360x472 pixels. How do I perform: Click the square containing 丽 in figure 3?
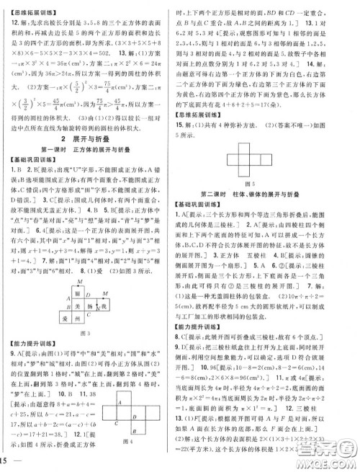(x=77, y=294)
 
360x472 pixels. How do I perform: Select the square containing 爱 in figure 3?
(x=66, y=317)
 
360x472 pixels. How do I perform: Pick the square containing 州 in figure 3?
(x=77, y=317)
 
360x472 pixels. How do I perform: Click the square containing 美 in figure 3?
(x=77, y=306)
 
